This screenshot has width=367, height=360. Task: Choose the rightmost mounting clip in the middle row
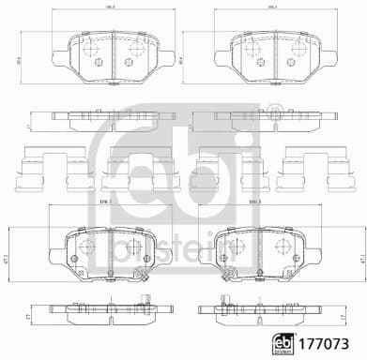pyautogui.click(x=301, y=170)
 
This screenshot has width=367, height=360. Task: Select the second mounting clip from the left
pyautogui.click(x=130, y=170)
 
